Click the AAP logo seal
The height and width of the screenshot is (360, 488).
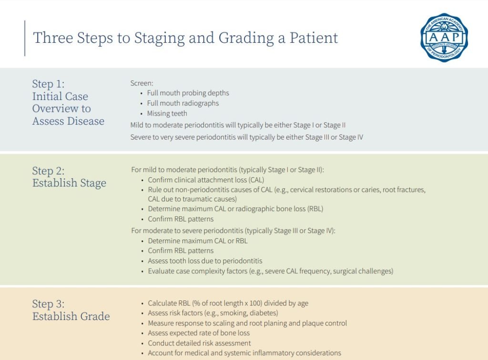[x=444, y=37]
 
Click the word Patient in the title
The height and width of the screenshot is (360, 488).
[x=314, y=38]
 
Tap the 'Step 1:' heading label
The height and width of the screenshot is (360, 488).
[x=49, y=84]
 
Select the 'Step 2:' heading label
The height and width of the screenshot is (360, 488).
[x=49, y=171]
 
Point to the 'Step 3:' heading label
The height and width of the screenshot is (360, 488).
[x=49, y=304]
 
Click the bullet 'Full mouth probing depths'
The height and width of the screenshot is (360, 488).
[x=188, y=93]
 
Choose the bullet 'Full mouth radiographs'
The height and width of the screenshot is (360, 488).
[x=183, y=103]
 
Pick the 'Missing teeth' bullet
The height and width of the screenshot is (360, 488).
[x=167, y=113]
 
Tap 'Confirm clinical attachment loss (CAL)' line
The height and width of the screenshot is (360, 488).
[x=206, y=180]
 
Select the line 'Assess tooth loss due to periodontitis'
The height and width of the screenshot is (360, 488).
[x=205, y=261]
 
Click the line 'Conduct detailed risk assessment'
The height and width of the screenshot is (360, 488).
[x=199, y=343]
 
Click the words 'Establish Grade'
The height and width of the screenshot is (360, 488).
[x=71, y=316]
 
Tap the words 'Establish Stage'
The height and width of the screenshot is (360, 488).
[x=69, y=183]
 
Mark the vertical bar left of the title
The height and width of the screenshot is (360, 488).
[x=25, y=38]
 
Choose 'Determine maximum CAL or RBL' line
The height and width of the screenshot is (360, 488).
[x=198, y=241]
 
